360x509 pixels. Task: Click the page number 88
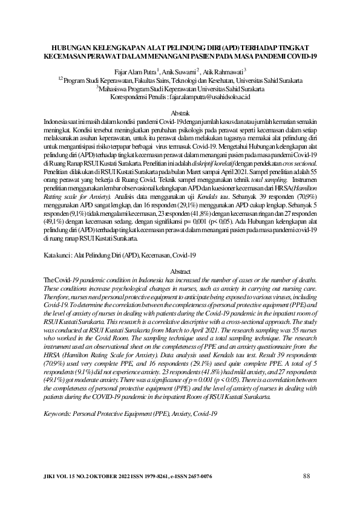tap(306, 476)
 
